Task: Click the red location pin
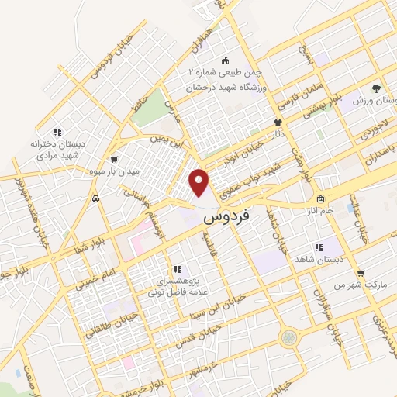coord(200,183)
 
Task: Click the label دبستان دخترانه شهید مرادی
coord(58,150)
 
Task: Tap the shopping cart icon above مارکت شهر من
coord(360,273)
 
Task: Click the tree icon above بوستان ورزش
coord(375,88)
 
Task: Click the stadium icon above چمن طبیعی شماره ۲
coord(226,60)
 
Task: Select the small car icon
coord(95,199)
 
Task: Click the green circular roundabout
coord(288,337)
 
